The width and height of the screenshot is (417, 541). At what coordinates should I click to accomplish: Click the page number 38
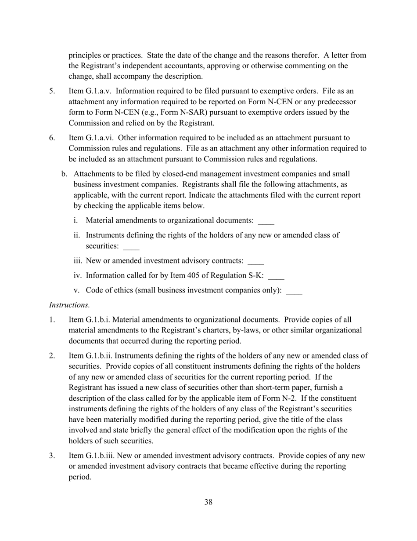[208, 502]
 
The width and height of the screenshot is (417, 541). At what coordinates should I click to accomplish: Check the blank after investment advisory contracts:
[255, 262]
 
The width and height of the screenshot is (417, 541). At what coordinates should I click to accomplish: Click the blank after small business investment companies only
[294, 291]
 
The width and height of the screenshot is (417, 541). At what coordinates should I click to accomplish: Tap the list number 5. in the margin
[52, 91]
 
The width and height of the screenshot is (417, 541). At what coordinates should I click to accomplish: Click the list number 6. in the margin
[52, 138]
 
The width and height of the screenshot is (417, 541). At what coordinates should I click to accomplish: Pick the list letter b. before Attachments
[65, 174]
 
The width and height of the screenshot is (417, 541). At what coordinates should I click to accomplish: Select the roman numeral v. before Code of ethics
[78, 290]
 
